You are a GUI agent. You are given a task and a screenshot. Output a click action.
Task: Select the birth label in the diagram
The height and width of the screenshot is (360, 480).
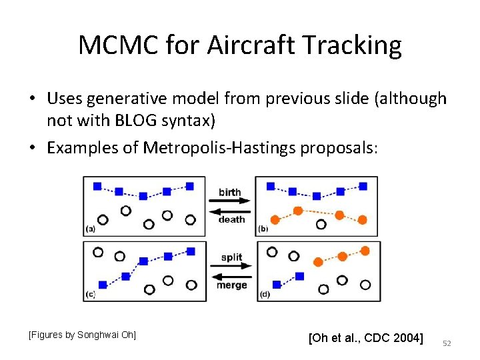tap(230, 192)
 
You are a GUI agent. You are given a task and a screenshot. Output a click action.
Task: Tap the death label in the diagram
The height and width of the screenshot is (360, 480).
tap(231, 219)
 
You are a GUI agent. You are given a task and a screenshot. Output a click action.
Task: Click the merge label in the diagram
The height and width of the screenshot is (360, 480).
tap(231, 285)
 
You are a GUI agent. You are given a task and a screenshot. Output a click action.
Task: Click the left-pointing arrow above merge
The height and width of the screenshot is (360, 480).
tap(231, 274)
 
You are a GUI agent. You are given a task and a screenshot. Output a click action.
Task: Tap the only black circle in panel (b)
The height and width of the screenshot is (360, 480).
tap(321, 225)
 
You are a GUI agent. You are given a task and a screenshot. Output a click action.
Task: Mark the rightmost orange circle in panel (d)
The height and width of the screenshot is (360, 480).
tap(365, 251)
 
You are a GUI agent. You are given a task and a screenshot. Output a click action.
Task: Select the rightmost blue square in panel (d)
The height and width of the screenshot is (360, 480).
tap(299, 275)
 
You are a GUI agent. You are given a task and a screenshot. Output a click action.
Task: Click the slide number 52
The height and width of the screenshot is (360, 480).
tap(447, 343)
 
